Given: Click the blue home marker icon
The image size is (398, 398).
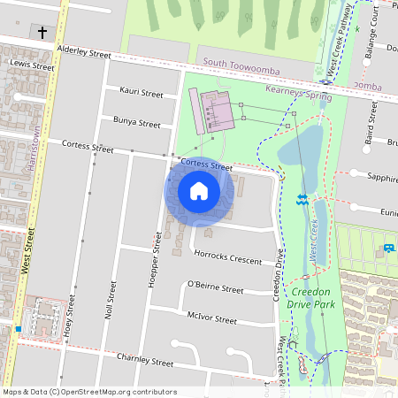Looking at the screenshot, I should tap(199, 191).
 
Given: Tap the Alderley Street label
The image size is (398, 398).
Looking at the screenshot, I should tap(84, 54).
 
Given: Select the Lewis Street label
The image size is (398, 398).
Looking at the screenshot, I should tap(31, 66).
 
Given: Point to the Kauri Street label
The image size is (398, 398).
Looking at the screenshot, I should tap(142, 93).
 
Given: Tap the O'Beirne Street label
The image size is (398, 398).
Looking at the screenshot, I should tap(215, 288).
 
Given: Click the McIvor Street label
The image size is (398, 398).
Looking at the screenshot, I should tap(212, 319).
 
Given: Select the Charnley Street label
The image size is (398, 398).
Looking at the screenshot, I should tap(145, 362).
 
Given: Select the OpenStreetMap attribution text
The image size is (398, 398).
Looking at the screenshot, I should tap(89, 392).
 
